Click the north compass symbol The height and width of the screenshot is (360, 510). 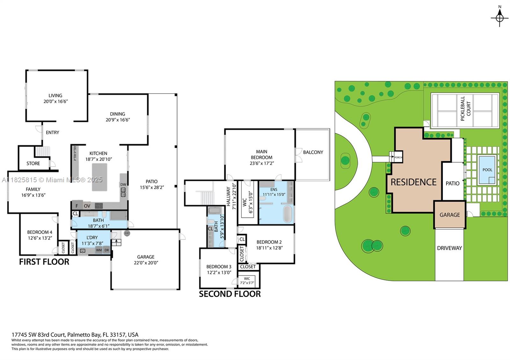point(499,18)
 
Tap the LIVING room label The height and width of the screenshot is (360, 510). point(55,96)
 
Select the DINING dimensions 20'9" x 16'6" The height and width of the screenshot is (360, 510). point(118,120)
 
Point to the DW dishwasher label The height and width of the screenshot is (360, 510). point(123,184)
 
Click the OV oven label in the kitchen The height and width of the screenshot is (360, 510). point(87,206)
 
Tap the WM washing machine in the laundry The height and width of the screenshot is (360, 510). point(99,250)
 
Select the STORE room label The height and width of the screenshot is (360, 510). point(33,163)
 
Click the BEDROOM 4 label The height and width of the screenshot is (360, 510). point(40,232)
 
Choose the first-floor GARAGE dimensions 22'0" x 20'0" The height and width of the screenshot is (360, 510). point(146,263)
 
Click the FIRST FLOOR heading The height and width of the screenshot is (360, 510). point(44,262)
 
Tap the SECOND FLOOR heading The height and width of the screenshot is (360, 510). point(230,294)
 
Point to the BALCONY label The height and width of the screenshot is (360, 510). point(313,152)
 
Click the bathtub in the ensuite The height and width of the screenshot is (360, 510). point(287,214)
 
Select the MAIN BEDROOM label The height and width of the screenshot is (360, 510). point(262,155)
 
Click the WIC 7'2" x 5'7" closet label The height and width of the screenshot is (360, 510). point(247,281)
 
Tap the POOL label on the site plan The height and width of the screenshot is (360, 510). point(487,170)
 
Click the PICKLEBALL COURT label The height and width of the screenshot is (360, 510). point(466,109)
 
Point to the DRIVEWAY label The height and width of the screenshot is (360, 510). point(449,248)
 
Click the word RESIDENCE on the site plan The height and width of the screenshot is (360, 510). point(413,182)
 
